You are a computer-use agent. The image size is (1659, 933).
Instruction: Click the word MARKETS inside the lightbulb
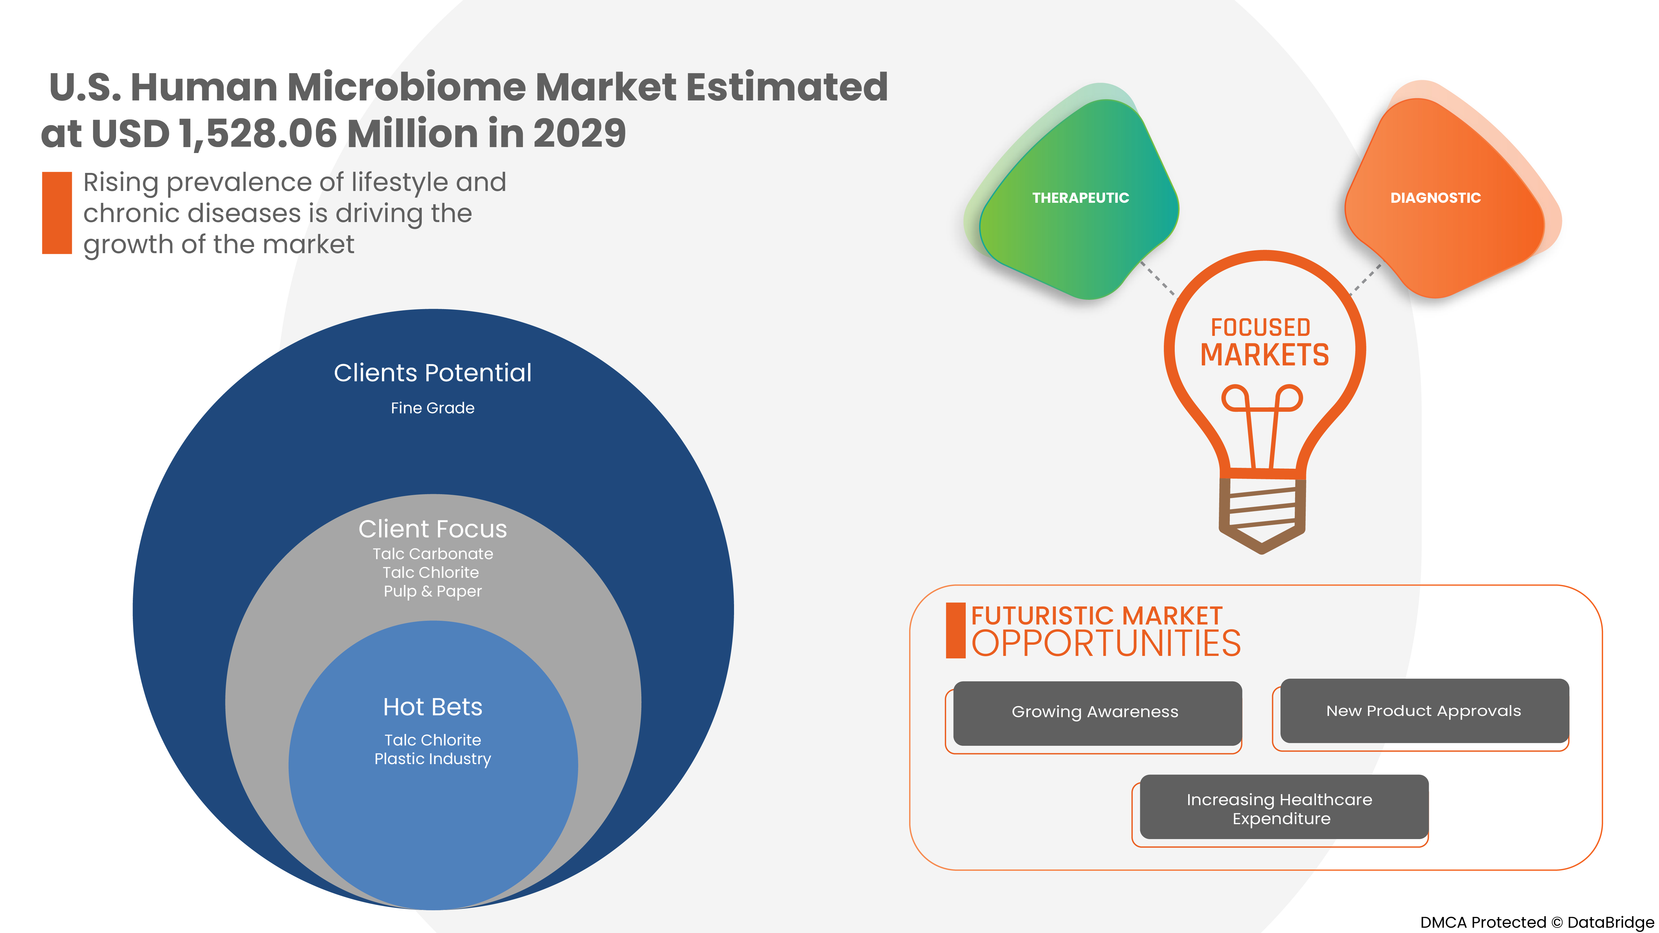1264,355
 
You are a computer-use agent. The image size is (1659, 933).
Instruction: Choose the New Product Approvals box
1423,711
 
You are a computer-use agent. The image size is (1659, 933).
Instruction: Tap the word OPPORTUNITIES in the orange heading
1106,644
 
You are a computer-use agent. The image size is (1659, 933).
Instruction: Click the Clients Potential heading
433,373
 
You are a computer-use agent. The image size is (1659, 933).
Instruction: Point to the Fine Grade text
433,408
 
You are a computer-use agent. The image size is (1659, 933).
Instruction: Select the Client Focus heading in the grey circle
433,529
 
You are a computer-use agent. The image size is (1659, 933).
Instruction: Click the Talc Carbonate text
433,554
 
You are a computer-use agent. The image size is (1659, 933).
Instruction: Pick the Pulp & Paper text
433,591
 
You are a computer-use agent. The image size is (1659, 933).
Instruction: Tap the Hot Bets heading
433,707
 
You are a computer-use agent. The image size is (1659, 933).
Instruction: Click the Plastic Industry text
433,759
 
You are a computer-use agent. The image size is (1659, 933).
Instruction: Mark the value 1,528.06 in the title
258,134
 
